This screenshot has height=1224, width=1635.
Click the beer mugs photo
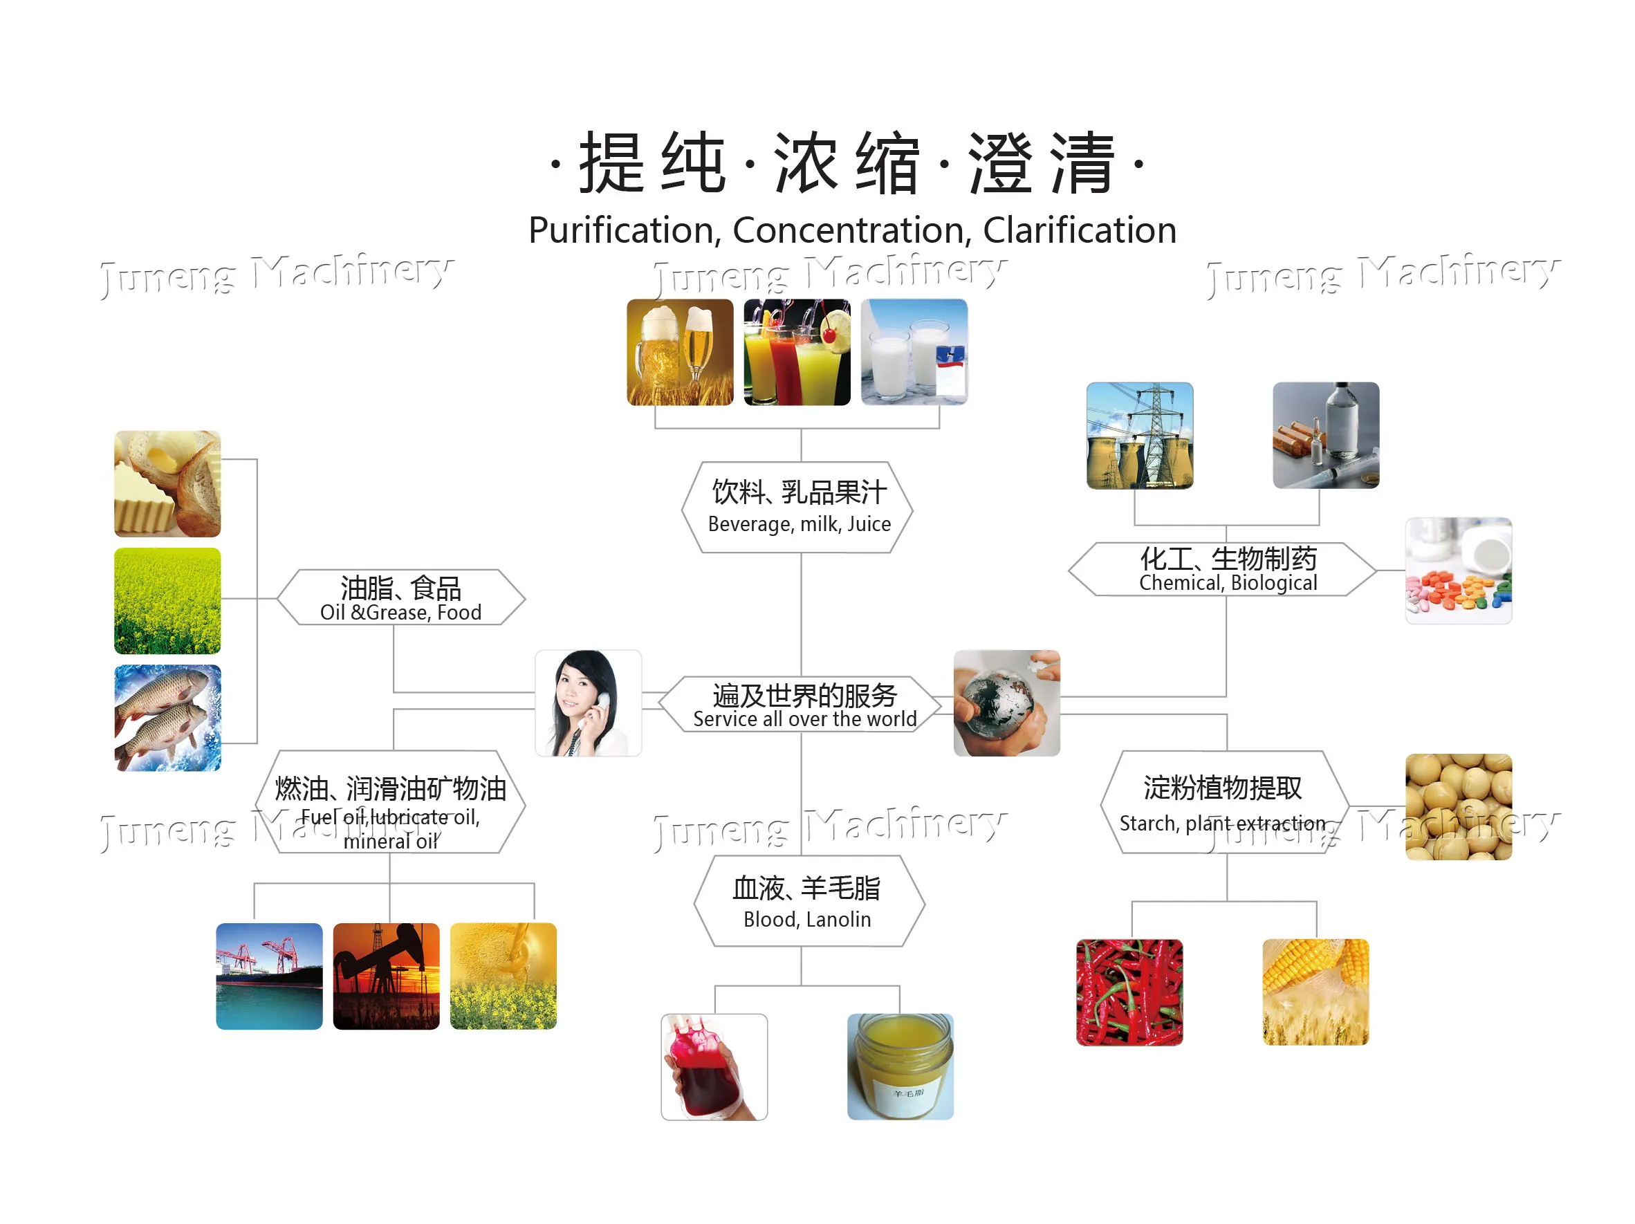pos(679,352)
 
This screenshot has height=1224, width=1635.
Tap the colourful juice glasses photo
pos(796,352)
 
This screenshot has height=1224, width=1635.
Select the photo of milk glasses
pos(914,352)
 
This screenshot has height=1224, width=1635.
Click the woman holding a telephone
pos(588,703)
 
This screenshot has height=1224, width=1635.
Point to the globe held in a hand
pos(1006,703)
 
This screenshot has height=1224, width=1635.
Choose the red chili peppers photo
pos(1129,992)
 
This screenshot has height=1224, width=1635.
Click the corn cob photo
pos(1315,992)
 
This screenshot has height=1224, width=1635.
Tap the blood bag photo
pos(713,1066)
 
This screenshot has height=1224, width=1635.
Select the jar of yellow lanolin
pos(900,1066)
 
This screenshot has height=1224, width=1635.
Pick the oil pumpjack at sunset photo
pos(386,976)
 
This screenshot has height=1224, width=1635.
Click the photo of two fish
pos(167,718)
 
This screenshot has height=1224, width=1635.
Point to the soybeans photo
pos(1458,806)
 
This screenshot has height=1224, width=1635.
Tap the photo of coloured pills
pos(1458,571)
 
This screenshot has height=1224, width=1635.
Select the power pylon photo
pos(1139,436)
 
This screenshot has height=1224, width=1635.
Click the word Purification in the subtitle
pos(623,230)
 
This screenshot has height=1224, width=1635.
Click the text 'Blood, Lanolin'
pos(807,920)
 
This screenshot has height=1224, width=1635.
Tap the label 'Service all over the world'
pos(804,719)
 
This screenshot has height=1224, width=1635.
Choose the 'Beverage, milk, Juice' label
pos(799,524)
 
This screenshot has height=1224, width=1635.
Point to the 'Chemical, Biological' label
pos(1228,583)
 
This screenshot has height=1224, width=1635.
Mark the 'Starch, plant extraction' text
pos(1222,824)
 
